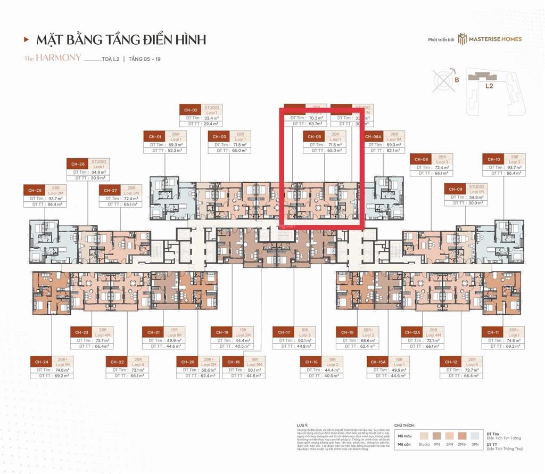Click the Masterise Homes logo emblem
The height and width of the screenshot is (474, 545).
pos(463,39)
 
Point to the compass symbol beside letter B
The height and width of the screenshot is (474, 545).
pos(442,79)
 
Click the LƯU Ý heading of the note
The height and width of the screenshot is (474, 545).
pos(302,425)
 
